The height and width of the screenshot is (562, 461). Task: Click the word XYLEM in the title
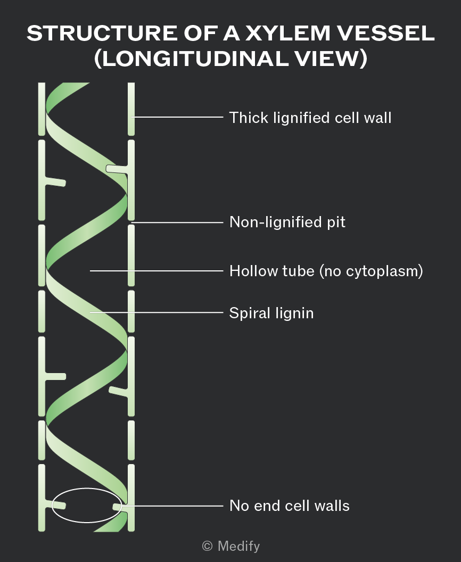click(x=287, y=33)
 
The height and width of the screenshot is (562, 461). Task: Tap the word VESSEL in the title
click(x=385, y=33)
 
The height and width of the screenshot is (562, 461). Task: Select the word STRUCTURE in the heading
click(x=102, y=33)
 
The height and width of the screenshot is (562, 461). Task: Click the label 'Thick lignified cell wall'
click(x=310, y=118)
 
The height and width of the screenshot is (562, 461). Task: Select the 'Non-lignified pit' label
click(x=287, y=222)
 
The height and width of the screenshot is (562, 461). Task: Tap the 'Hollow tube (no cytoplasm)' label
click(x=326, y=271)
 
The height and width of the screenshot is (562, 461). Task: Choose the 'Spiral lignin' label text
click(x=271, y=313)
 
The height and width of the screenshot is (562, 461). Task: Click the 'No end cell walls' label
click(x=289, y=506)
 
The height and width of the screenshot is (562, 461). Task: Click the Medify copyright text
click(x=231, y=546)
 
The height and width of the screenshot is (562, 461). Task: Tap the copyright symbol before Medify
click(x=207, y=546)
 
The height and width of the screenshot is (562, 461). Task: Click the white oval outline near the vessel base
click(x=87, y=488)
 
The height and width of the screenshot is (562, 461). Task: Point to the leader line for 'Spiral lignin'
click(x=157, y=312)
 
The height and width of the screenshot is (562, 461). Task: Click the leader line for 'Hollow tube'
click(x=157, y=271)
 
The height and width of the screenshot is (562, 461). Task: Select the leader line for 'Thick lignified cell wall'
click(x=177, y=117)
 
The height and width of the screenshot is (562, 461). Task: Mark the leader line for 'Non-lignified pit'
click(x=177, y=222)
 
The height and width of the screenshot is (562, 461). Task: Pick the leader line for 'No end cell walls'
click(x=172, y=506)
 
